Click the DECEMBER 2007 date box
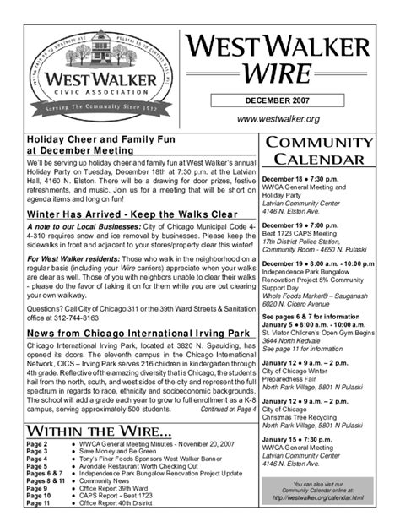(289, 100)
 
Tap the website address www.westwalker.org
(289, 119)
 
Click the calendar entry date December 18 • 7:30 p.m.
(301, 181)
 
